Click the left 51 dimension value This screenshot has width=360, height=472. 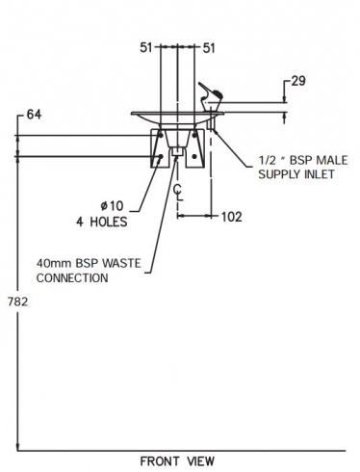pyautogui.click(x=145, y=48)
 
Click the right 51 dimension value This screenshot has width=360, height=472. pyautogui.click(x=209, y=48)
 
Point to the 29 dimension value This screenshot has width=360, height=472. pyautogui.click(x=298, y=81)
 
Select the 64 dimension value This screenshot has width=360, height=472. pyautogui.click(x=34, y=115)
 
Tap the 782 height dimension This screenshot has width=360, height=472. pyautogui.click(x=18, y=302)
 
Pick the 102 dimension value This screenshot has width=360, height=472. pyautogui.click(x=232, y=217)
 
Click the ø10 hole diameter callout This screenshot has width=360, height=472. pyautogui.click(x=112, y=206)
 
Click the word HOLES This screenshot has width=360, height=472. pyautogui.click(x=109, y=222)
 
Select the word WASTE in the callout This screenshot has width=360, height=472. pyautogui.click(x=121, y=263)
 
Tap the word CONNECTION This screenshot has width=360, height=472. pyautogui.click(x=72, y=277)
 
